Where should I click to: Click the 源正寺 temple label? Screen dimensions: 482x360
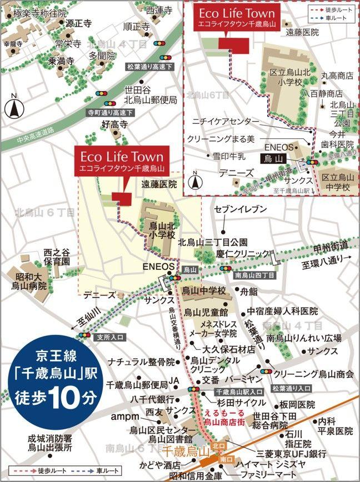coord(78,24)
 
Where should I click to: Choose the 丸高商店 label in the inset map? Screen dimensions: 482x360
coord(337,75)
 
